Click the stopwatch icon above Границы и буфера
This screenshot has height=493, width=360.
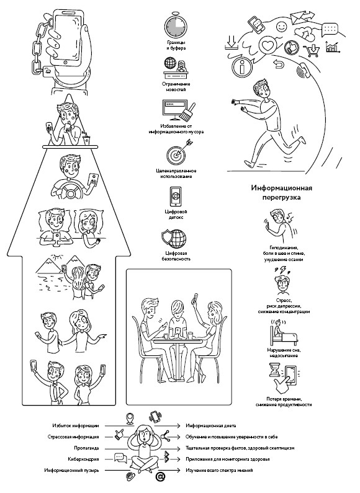pyautogui.click(x=176, y=25)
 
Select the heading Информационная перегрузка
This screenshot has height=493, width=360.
pyautogui.click(x=281, y=192)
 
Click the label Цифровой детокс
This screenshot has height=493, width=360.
pyautogui.click(x=176, y=215)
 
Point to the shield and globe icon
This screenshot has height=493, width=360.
pyautogui.click(x=173, y=238)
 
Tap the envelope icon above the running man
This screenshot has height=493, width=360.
pyautogui.click(x=299, y=17)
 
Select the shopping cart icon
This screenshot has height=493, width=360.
pyautogui.click(x=312, y=51)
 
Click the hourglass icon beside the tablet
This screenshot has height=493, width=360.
pyautogui.click(x=274, y=370)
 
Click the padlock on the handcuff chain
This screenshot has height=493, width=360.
pyautogui.click(x=48, y=71)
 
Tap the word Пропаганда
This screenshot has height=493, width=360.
pyautogui.click(x=86, y=448)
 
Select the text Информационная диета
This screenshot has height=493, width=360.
pyautogui.click(x=210, y=425)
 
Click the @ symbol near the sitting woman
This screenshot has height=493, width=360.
pyautogui.click(x=160, y=477)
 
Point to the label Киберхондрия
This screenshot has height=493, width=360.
pyautogui.click(x=83, y=459)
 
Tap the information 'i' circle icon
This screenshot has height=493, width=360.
pyautogui.click(x=242, y=66)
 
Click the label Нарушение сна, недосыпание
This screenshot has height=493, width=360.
pyautogui.click(x=284, y=353)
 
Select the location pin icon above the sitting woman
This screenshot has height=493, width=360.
pyautogui.click(x=128, y=419)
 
